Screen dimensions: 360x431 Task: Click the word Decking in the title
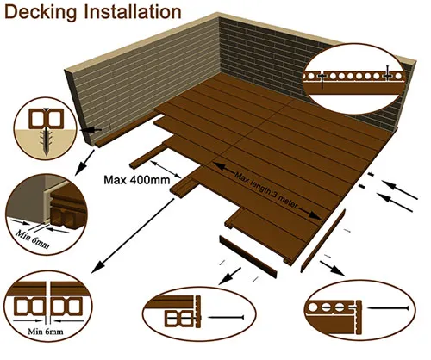[43, 13]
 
